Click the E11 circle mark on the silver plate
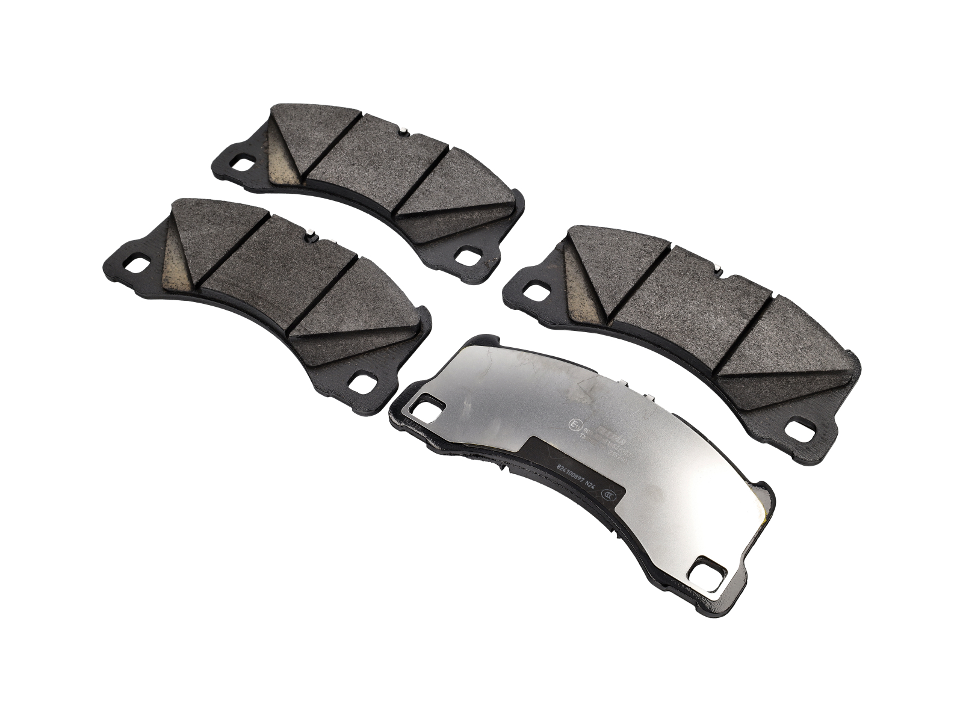coord(574,424)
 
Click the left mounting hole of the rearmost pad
coord(245,163)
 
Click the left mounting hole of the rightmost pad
coord(533,289)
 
